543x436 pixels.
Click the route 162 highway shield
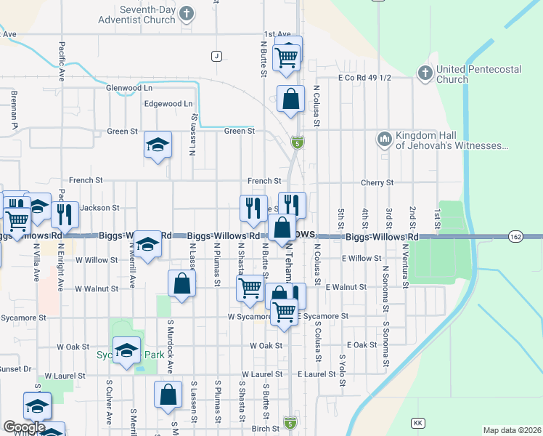(x=515, y=236)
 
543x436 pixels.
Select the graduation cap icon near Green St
(x=158, y=145)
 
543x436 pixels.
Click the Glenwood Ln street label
(x=128, y=87)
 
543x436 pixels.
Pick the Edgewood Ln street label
(x=168, y=104)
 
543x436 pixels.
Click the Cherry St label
(x=377, y=183)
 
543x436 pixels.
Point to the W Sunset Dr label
(x=16, y=369)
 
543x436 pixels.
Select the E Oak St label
(x=362, y=345)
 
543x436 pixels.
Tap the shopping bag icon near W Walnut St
(x=181, y=283)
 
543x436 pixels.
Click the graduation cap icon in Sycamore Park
(x=127, y=352)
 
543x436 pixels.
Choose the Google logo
(x=24, y=427)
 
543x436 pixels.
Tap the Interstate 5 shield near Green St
(x=297, y=143)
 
